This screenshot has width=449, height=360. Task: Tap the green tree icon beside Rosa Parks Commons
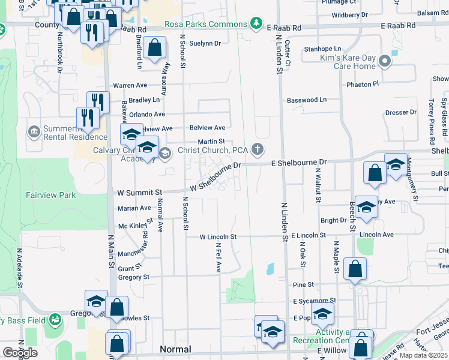pos(257,24)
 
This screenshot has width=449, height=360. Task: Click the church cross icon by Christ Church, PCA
pos(259,149)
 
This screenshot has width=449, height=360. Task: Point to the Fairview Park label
pos(51,195)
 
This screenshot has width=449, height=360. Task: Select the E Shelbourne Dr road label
pos(299,162)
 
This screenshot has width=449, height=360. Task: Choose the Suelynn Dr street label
pos(205,43)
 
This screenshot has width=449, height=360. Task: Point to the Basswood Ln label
pos(307,100)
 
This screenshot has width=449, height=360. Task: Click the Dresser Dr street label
pos(401,112)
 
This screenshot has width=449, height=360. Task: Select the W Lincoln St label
pos(219,236)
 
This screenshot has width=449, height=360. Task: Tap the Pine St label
pos(304,284)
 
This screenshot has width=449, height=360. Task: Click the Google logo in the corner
pos(20,352)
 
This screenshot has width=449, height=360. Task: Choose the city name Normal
pos(175,349)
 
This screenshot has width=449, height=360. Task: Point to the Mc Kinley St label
pos(133,226)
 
